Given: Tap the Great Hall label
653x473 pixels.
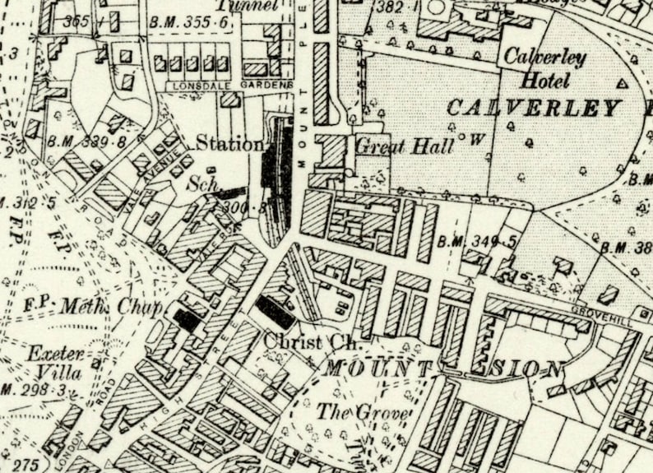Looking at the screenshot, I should pyautogui.click(x=405, y=146).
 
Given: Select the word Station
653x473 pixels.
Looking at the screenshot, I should pyautogui.click(x=229, y=144).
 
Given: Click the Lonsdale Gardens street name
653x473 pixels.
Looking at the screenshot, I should pyautogui.click(x=229, y=85).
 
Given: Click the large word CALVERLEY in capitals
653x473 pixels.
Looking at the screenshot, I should pyautogui.click(x=535, y=108).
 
